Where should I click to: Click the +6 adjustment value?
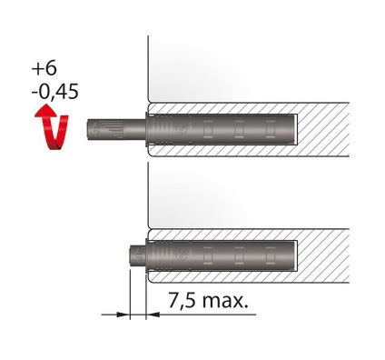(44, 68)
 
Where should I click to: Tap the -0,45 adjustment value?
(55, 92)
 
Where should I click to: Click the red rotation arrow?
(52, 126)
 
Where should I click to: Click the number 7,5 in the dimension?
(182, 300)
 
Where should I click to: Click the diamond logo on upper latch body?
(183, 130)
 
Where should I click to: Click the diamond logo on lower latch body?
(183, 256)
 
